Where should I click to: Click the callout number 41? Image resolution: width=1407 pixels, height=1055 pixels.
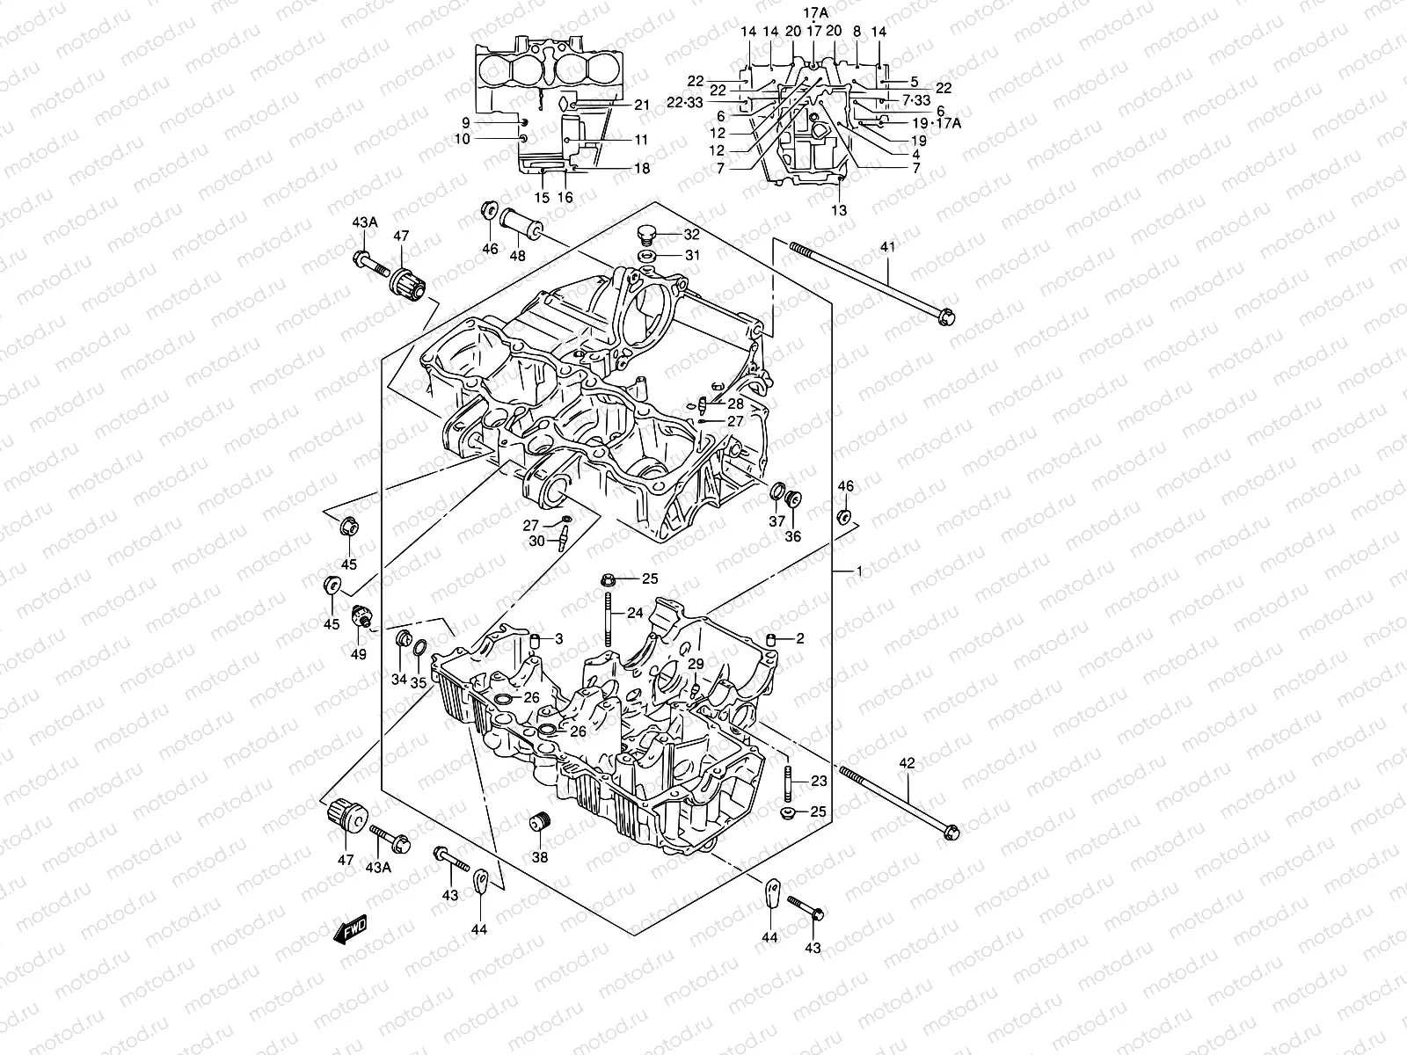[886, 247]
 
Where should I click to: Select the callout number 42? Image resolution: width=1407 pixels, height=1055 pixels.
[907, 763]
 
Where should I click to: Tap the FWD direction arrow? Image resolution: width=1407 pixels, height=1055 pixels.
[350, 929]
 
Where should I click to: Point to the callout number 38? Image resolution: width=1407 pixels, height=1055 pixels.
[539, 857]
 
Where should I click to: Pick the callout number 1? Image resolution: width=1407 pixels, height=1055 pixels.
[859, 571]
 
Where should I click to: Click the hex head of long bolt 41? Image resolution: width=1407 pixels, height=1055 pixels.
[946, 315]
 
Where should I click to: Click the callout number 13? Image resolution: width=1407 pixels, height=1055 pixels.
[839, 210]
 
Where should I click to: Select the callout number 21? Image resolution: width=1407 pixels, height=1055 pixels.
[642, 105]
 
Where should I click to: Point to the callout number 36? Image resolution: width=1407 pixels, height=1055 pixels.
[793, 536]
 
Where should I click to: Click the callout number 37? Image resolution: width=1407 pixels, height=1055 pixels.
[776, 521]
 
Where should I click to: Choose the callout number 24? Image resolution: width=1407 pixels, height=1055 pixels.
[636, 613]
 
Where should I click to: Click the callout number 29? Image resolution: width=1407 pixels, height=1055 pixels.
[695, 663]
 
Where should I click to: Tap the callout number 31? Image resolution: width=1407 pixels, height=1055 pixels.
[692, 256]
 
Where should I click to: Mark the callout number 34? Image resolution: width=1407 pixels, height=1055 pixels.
[398, 679]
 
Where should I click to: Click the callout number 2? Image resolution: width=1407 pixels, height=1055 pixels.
[799, 639]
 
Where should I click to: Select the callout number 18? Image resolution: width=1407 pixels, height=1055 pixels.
[642, 168]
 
